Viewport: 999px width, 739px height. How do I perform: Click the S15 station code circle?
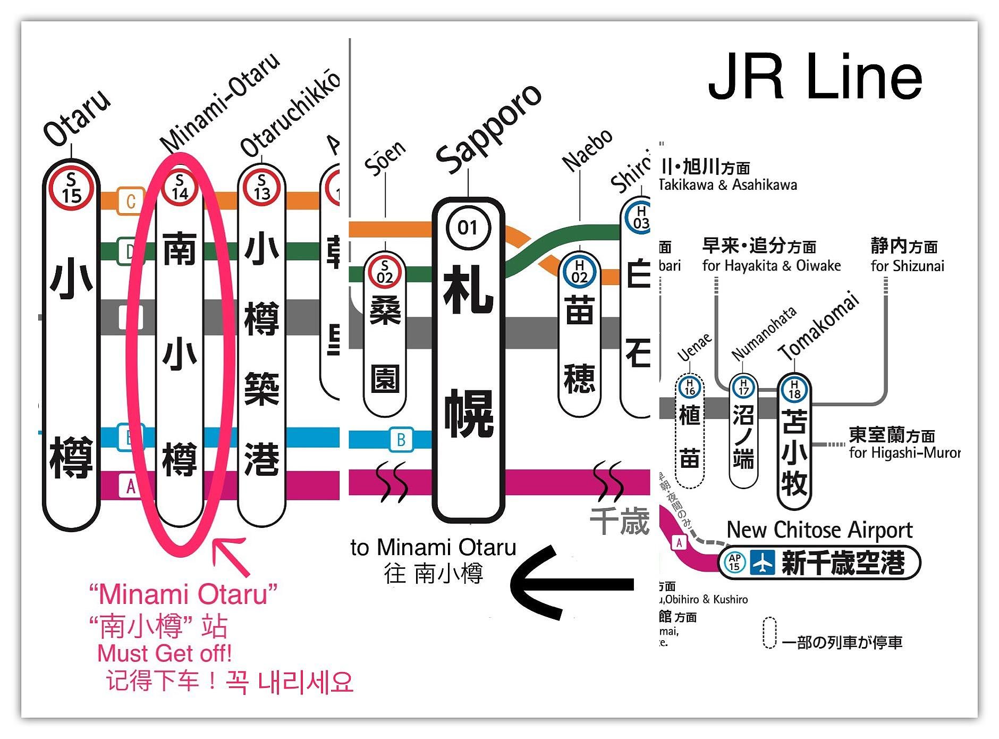click(71, 188)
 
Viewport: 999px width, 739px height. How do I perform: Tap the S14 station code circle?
click(180, 188)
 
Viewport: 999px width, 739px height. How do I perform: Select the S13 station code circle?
click(261, 188)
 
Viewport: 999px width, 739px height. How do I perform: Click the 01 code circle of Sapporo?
click(468, 228)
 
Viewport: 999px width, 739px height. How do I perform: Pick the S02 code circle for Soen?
click(385, 271)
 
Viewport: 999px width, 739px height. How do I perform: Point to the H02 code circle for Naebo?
click(579, 271)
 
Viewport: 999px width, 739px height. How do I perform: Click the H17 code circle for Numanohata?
click(743, 388)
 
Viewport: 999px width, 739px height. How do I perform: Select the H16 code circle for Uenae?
click(689, 387)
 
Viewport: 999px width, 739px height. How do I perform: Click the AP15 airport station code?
click(734, 562)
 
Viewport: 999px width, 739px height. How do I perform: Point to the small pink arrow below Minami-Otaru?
click(230, 556)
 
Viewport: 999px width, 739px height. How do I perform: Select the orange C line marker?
click(130, 201)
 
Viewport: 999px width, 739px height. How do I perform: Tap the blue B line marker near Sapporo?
click(401, 440)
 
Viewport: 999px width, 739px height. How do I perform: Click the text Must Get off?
click(164, 653)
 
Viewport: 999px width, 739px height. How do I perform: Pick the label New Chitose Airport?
click(819, 530)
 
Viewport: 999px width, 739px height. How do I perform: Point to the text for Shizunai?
click(907, 266)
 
